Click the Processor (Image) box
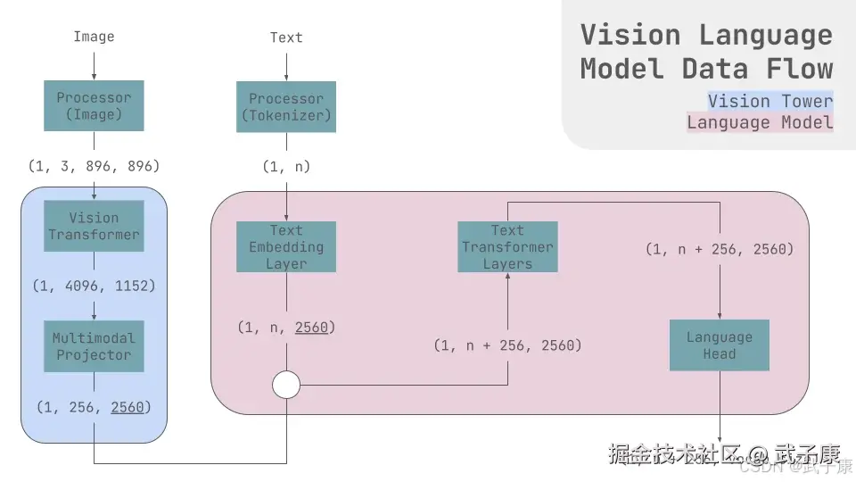[94, 106]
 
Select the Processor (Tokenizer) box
[286, 107]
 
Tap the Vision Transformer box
[94, 226]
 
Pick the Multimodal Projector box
[94, 346]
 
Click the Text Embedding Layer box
[286, 247]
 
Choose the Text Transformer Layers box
[507, 247]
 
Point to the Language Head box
[720, 345]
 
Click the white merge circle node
[286, 386]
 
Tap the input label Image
[94, 37]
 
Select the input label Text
[286, 37]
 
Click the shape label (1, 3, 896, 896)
[94, 166]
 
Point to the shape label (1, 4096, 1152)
[94, 287]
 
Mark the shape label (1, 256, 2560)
[94, 407]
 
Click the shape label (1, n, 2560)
[286, 328]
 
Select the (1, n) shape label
[286, 166]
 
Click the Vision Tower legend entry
[770, 101]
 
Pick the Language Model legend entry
[760, 123]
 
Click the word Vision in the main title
[630, 35]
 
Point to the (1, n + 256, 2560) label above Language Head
[720, 249]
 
